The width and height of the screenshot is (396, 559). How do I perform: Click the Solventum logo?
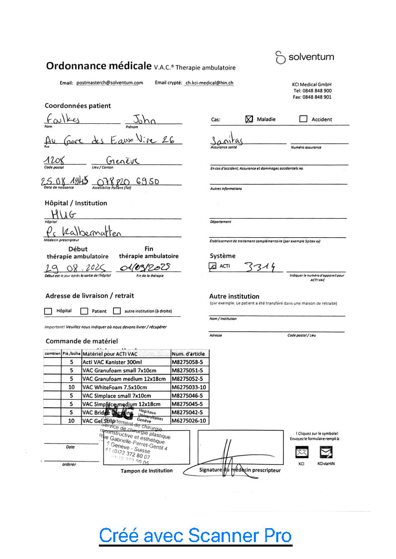tap(305, 57)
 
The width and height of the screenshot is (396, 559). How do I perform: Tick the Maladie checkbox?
tap(249, 119)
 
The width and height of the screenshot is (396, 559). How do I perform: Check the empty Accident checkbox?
tap(303, 119)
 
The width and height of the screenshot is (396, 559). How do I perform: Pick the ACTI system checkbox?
tap(213, 267)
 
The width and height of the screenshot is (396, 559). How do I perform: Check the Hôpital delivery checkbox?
tap(48, 311)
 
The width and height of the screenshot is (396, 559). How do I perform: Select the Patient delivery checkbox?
tap(84, 311)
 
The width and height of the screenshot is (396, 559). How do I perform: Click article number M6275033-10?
tap(189, 387)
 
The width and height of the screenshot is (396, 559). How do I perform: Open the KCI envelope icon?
tap(302, 452)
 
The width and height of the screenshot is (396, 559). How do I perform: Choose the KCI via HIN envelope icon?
tap(326, 452)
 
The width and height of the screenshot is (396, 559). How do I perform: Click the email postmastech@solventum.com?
tap(110, 83)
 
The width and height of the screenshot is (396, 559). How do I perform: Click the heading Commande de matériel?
tap(81, 341)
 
